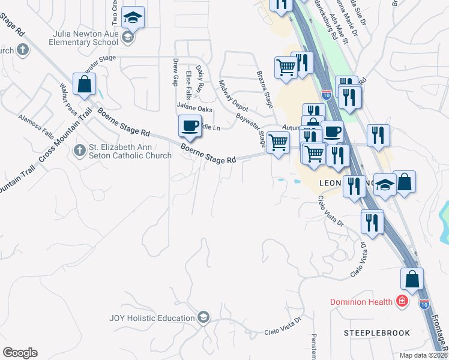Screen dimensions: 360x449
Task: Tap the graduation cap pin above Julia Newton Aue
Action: coord(133,18)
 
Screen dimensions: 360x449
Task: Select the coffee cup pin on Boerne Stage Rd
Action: coord(190,126)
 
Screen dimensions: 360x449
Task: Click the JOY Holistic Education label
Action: coord(153,317)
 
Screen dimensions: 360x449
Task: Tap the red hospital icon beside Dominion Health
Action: coord(401,301)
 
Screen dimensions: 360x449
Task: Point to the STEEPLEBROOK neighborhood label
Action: coord(377,332)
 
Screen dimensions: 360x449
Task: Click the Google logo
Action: coord(20,353)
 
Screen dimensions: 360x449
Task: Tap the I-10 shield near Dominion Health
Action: coord(424,304)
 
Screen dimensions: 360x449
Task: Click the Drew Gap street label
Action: coord(175,71)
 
